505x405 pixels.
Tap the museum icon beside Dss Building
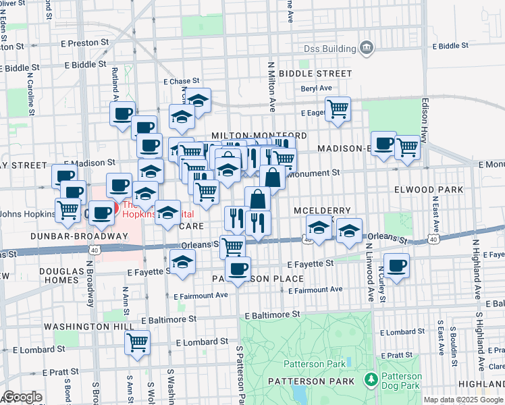click(366, 47)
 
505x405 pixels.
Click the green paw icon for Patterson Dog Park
click(369, 381)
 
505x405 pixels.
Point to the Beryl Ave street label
click(317, 88)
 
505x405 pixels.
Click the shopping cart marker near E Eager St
click(338, 109)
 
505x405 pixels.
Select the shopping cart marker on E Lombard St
click(137, 342)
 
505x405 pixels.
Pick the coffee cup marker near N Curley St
click(397, 265)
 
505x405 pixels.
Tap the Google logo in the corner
click(22, 397)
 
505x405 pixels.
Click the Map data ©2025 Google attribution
click(463, 400)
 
